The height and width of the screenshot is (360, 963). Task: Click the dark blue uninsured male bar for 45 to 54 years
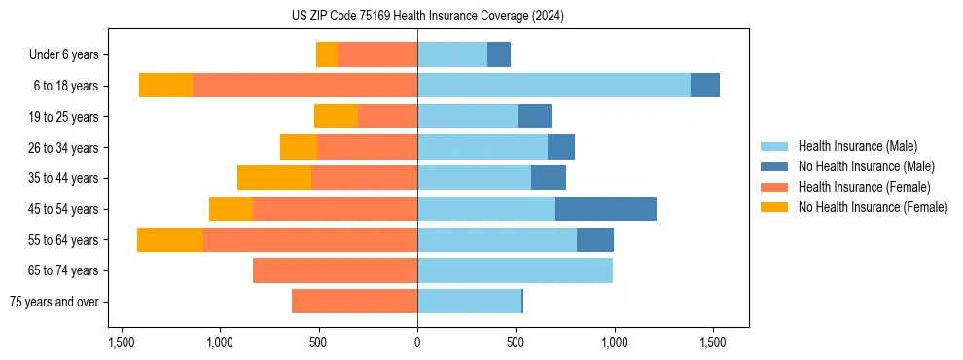(606, 209)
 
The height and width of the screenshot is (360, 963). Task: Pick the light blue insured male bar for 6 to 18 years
(553, 86)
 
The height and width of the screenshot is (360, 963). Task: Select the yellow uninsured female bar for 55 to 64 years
(170, 240)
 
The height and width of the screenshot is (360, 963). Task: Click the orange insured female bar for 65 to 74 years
(335, 270)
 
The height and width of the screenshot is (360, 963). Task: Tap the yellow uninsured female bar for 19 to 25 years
(336, 117)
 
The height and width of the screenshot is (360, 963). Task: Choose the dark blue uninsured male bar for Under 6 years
(499, 55)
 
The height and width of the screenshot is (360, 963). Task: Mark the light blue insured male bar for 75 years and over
(469, 302)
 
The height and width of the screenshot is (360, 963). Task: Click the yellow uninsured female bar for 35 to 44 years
(274, 178)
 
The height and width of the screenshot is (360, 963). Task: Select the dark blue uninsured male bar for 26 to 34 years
(561, 148)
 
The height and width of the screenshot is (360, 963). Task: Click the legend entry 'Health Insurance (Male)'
(857, 146)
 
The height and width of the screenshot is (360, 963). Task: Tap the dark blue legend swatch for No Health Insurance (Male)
(774, 166)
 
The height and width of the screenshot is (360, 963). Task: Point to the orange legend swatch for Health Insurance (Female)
(774, 187)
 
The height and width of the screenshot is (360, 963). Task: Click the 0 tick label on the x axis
(417, 342)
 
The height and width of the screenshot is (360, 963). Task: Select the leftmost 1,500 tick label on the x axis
(121, 342)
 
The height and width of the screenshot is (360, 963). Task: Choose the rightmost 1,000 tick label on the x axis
(614, 342)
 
